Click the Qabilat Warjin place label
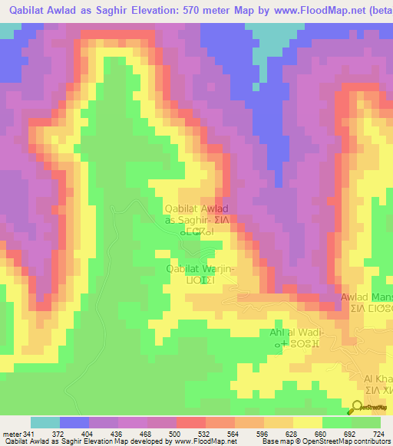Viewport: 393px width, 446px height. click(201, 269)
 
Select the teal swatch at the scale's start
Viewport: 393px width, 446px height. click(45, 423)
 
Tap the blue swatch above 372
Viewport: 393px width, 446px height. click(74, 423)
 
